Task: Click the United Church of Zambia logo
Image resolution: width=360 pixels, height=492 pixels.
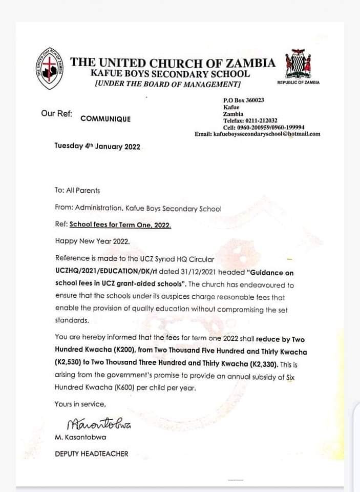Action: point(50,69)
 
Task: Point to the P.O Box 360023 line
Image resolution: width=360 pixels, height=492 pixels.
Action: point(244,100)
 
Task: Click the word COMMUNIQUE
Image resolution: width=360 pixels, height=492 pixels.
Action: point(105,118)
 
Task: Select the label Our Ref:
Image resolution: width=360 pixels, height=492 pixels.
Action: point(56,113)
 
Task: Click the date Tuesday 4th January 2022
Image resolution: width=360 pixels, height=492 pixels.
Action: point(97,146)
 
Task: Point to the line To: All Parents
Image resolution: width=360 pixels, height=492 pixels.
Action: point(77,190)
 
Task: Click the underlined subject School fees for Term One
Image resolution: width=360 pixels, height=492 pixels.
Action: point(120,224)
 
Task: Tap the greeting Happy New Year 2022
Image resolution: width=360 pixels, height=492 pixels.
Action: point(92,240)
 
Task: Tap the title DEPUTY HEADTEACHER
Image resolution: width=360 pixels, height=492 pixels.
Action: point(92,454)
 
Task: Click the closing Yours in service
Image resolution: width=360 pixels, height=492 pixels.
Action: point(80,404)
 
